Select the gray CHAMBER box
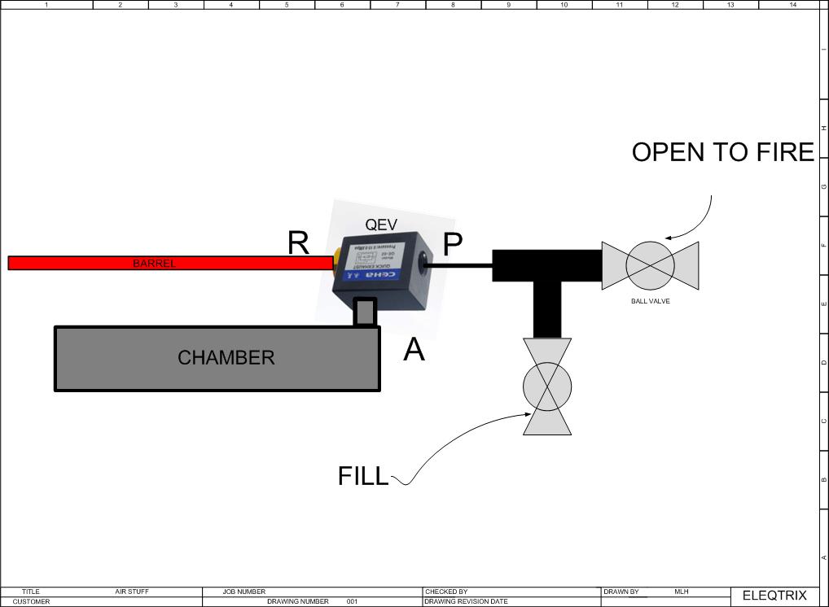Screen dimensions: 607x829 (x=217, y=358)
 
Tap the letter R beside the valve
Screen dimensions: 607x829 (x=299, y=242)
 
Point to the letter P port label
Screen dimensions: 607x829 (x=453, y=242)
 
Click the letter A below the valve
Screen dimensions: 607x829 (x=414, y=351)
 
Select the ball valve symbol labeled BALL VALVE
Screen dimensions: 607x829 (x=650, y=264)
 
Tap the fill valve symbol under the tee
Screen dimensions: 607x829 (x=546, y=387)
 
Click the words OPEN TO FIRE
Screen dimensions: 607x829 (x=723, y=153)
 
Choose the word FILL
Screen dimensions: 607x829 (x=363, y=477)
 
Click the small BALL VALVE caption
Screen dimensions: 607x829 (x=650, y=301)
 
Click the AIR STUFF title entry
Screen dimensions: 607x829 (x=132, y=592)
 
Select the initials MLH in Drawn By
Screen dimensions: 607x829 (x=682, y=592)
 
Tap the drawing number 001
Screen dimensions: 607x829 (x=352, y=602)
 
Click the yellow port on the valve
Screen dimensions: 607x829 (x=336, y=259)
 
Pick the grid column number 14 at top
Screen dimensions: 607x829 (x=793, y=4)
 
